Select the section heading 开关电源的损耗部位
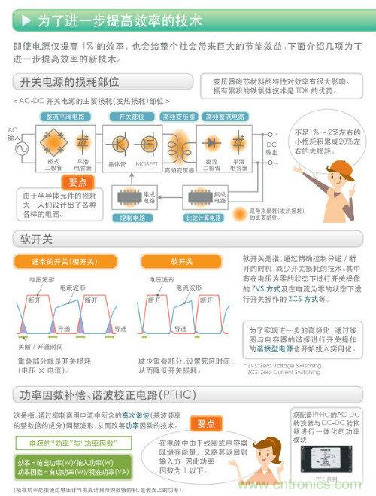(71, 81)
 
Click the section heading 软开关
(36, 240)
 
